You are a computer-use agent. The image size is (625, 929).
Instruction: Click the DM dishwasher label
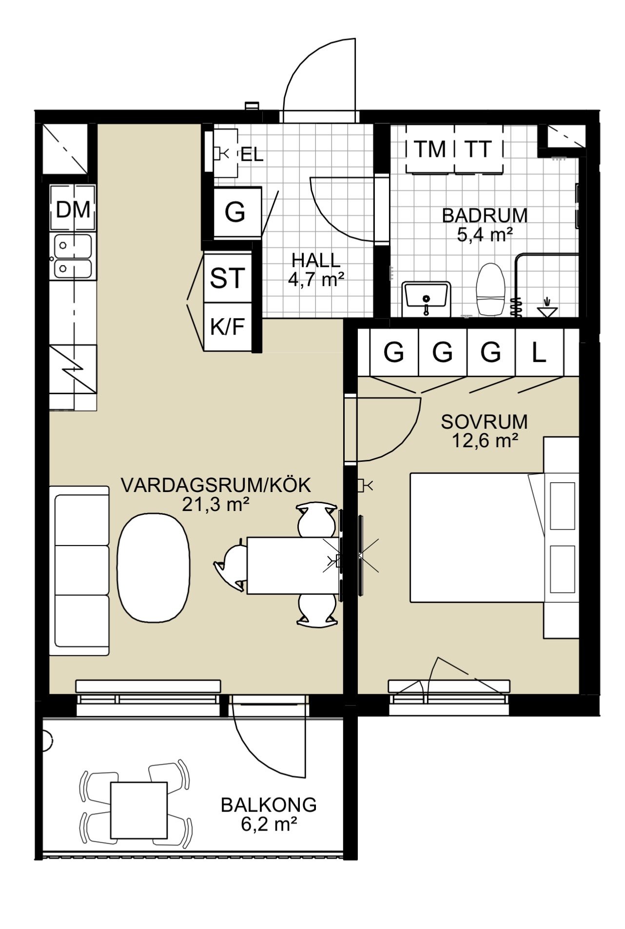pos(73,209)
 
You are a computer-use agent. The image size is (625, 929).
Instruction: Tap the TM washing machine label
pos(430,149)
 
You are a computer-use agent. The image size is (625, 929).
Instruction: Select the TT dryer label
pos(478,149)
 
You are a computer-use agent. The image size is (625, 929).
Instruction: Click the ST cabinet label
pos(227,278)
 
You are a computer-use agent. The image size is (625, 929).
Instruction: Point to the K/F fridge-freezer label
pos(227,326)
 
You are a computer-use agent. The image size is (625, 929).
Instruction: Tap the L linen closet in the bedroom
pos(539,352)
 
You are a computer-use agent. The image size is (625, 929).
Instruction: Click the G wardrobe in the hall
pos(235,212)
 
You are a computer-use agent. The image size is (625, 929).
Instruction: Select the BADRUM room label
pos(485,215)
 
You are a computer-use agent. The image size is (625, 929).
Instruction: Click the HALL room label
pos(316,260)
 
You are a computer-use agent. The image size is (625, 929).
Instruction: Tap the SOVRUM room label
pos(484,421)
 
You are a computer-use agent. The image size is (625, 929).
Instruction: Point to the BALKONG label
pos(269,805)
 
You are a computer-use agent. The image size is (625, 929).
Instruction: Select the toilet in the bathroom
pos(490,289)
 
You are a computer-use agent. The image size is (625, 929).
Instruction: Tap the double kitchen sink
pos(73,256)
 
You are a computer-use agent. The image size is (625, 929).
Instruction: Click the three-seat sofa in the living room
pos(79,570)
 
